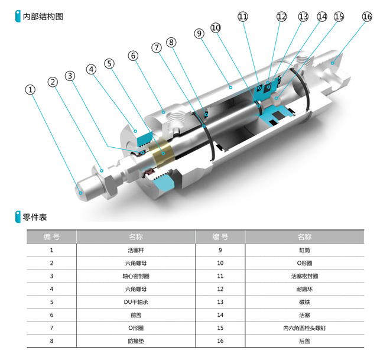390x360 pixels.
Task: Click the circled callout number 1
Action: [30, 90]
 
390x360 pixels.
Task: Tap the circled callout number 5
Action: [109, 63]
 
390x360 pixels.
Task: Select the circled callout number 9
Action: [199, 33]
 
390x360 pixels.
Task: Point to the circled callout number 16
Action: [367, 17]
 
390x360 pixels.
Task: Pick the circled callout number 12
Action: [281, 17]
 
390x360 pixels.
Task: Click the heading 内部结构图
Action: [43, 17]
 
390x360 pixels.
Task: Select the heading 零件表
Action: [35, 217]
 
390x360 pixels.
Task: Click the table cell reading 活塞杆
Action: [136, 250]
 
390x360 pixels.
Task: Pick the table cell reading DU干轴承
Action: [136, 302]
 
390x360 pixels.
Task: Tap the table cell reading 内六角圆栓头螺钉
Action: [304, 328]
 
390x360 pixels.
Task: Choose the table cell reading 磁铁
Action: [304, 302]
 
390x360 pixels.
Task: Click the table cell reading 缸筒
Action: [304, 250]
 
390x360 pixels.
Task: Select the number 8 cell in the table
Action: [51, 341]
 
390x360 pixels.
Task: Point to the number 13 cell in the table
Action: [220, 302]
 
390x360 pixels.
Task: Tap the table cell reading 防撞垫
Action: [136, 341]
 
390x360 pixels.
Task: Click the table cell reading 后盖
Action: [304, 341]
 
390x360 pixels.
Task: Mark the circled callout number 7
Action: [157, 47]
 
